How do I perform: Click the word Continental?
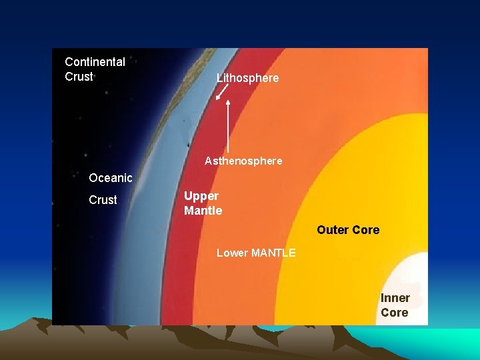click(x=95, y=62)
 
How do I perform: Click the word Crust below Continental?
click(x=79, y=77)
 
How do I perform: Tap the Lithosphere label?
click(x=247, y=79)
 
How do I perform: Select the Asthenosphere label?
click(x=243, y=161)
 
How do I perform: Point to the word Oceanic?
click(x=111, y=178)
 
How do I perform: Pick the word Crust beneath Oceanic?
click(x=103, y=200)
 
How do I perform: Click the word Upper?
click(x=201, y=196)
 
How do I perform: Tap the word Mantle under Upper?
click(x=203, y=211)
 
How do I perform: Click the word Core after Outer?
click(x=365, y=230)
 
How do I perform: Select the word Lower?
click(x=232, y=253)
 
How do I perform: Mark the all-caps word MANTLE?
click(x=273, y=253)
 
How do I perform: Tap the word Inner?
click(x=395, y=298)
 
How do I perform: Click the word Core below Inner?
click(x=394, y=313)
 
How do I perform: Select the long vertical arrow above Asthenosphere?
click(x=229, y=127)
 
